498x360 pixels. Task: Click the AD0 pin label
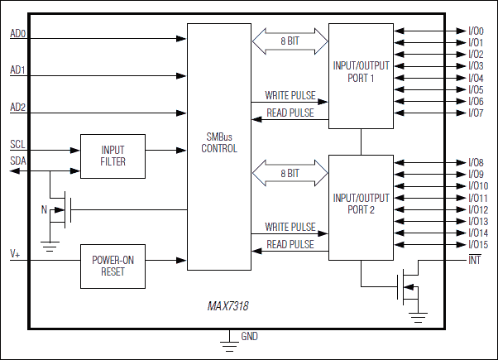coord(17,34)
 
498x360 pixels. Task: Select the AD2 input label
coord(17,108)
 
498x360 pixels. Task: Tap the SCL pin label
coord(17,144)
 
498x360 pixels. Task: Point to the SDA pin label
coord(17,161)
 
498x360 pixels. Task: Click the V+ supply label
coord(15,252)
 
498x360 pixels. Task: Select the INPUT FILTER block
coord(113,156)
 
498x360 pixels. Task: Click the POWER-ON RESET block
coord(113,266)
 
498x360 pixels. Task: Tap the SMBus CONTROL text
coord(218,143)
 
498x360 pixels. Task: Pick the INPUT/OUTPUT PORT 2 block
coord(361,204)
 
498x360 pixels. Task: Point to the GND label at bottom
coord(249,336)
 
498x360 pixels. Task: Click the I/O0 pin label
coord(476,31)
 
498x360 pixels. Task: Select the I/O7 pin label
coord(476,113)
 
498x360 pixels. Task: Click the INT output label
coord(474,261)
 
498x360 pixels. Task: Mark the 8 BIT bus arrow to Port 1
coord(289,40)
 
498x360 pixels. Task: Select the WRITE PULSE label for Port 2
coord(290,226)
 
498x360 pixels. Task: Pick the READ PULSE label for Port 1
coord(290,113)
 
